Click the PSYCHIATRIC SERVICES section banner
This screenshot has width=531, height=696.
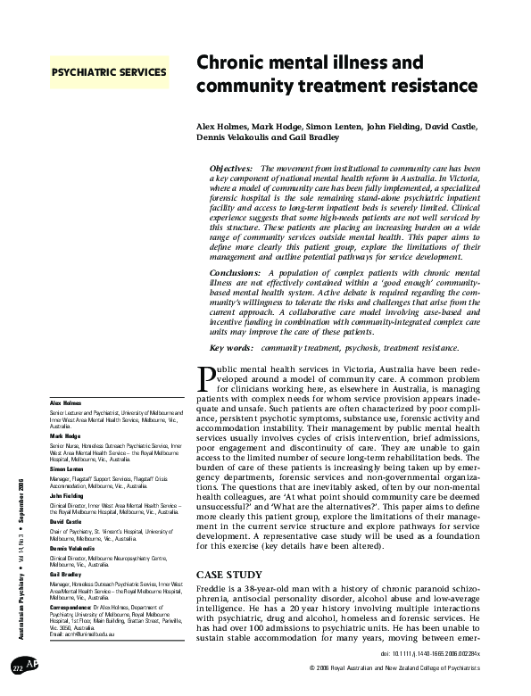click(109, 71)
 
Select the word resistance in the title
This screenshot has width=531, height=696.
click(423, 87)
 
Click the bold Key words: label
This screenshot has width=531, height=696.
click(231, 346)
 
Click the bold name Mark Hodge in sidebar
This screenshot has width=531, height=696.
click(62, 435)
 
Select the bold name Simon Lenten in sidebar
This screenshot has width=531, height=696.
click(64, 468)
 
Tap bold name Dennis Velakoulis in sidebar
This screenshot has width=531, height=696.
click(69, 548)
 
